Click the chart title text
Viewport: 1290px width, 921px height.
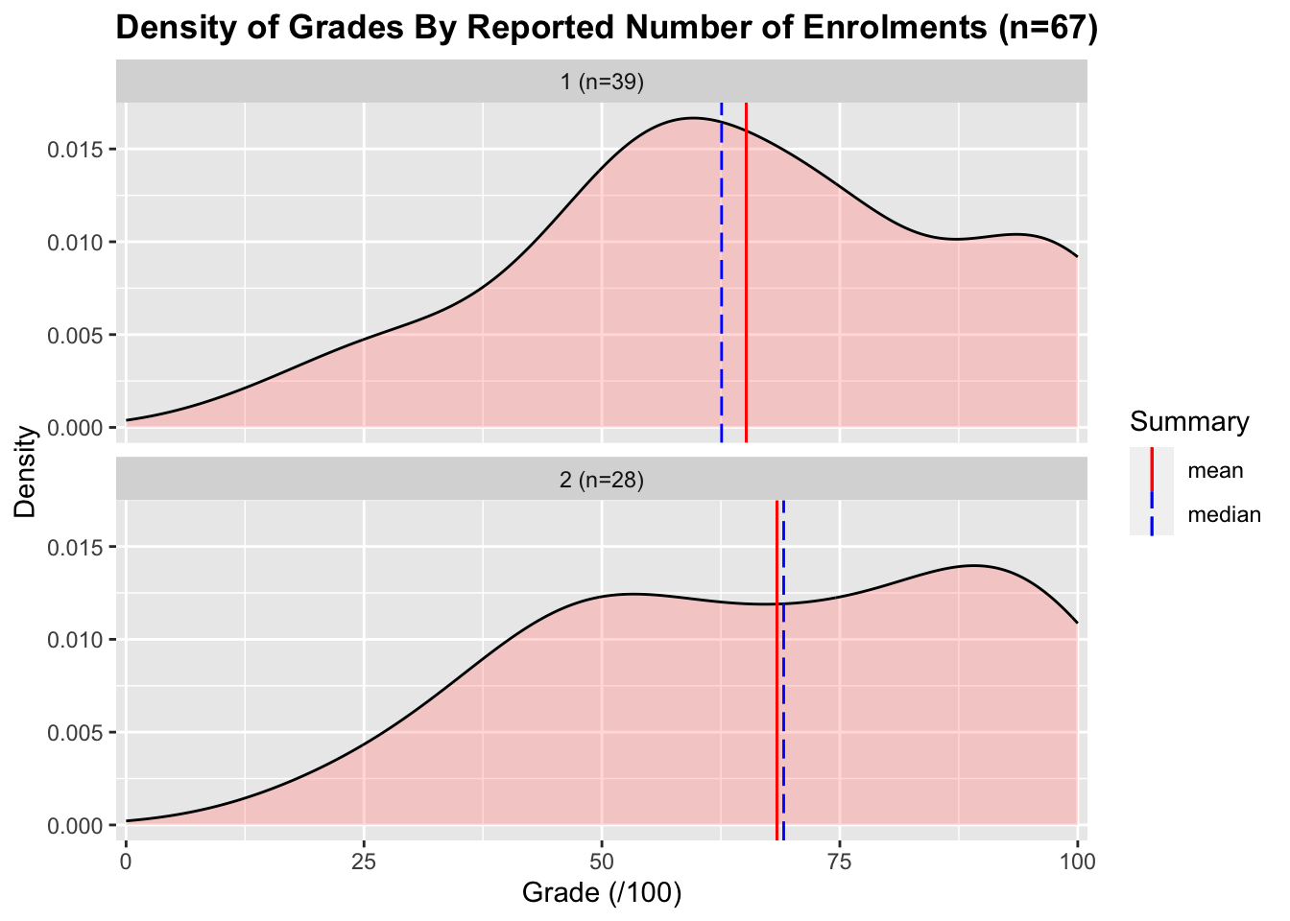606,28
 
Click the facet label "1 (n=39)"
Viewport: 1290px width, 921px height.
602,82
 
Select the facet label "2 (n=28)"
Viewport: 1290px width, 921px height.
602,479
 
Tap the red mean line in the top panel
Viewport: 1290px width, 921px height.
746,288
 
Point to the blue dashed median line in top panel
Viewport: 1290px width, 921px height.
722,288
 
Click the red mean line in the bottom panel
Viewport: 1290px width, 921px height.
776,691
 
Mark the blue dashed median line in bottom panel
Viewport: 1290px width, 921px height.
784,691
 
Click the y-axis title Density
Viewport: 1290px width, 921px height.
26,471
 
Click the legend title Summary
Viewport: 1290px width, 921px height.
1189,422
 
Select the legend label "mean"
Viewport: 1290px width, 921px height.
1215,471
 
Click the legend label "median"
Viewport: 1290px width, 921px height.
1224,515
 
